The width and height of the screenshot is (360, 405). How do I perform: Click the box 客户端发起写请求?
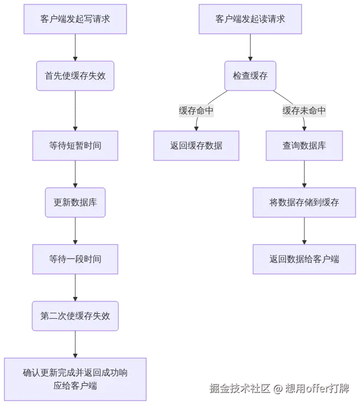[x=75, y=19]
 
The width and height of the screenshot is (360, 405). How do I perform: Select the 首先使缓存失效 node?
[x=75, y=76]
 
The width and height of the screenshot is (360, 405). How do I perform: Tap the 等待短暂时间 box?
[x=75, y=146]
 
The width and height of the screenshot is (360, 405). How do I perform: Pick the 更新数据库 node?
[x=75, y=202]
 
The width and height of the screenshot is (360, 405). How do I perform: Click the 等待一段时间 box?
[x=75, y=259]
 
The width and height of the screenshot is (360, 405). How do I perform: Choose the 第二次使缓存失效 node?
[x=75, y=315]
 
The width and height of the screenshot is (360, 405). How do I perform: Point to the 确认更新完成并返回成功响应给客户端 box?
[x=75, y=379]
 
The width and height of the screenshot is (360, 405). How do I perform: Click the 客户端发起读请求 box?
[x=250, y=19]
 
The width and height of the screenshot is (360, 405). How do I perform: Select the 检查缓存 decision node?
[x=250, y=76]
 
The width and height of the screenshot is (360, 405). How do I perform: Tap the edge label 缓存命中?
[x=196, y=111]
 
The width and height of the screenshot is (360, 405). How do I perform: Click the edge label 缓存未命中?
[x=304, y=111]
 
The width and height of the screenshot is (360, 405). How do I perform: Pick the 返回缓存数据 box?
[x=196, y=146]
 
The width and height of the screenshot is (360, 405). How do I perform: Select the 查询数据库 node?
[x=304, y=146]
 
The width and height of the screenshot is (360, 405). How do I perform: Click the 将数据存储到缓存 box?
[x=304, y=202]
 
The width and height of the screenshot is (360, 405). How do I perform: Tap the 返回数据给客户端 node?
[x=304, y=259]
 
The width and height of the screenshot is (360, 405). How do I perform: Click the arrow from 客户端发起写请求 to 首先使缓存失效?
[x=75, y=47]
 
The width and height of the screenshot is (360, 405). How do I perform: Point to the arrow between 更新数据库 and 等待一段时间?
[x=75, y=230]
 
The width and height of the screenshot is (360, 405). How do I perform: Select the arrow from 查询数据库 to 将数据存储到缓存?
[x=304, y=174]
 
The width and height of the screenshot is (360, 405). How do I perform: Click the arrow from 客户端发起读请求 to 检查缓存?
[x=250, y=47]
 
